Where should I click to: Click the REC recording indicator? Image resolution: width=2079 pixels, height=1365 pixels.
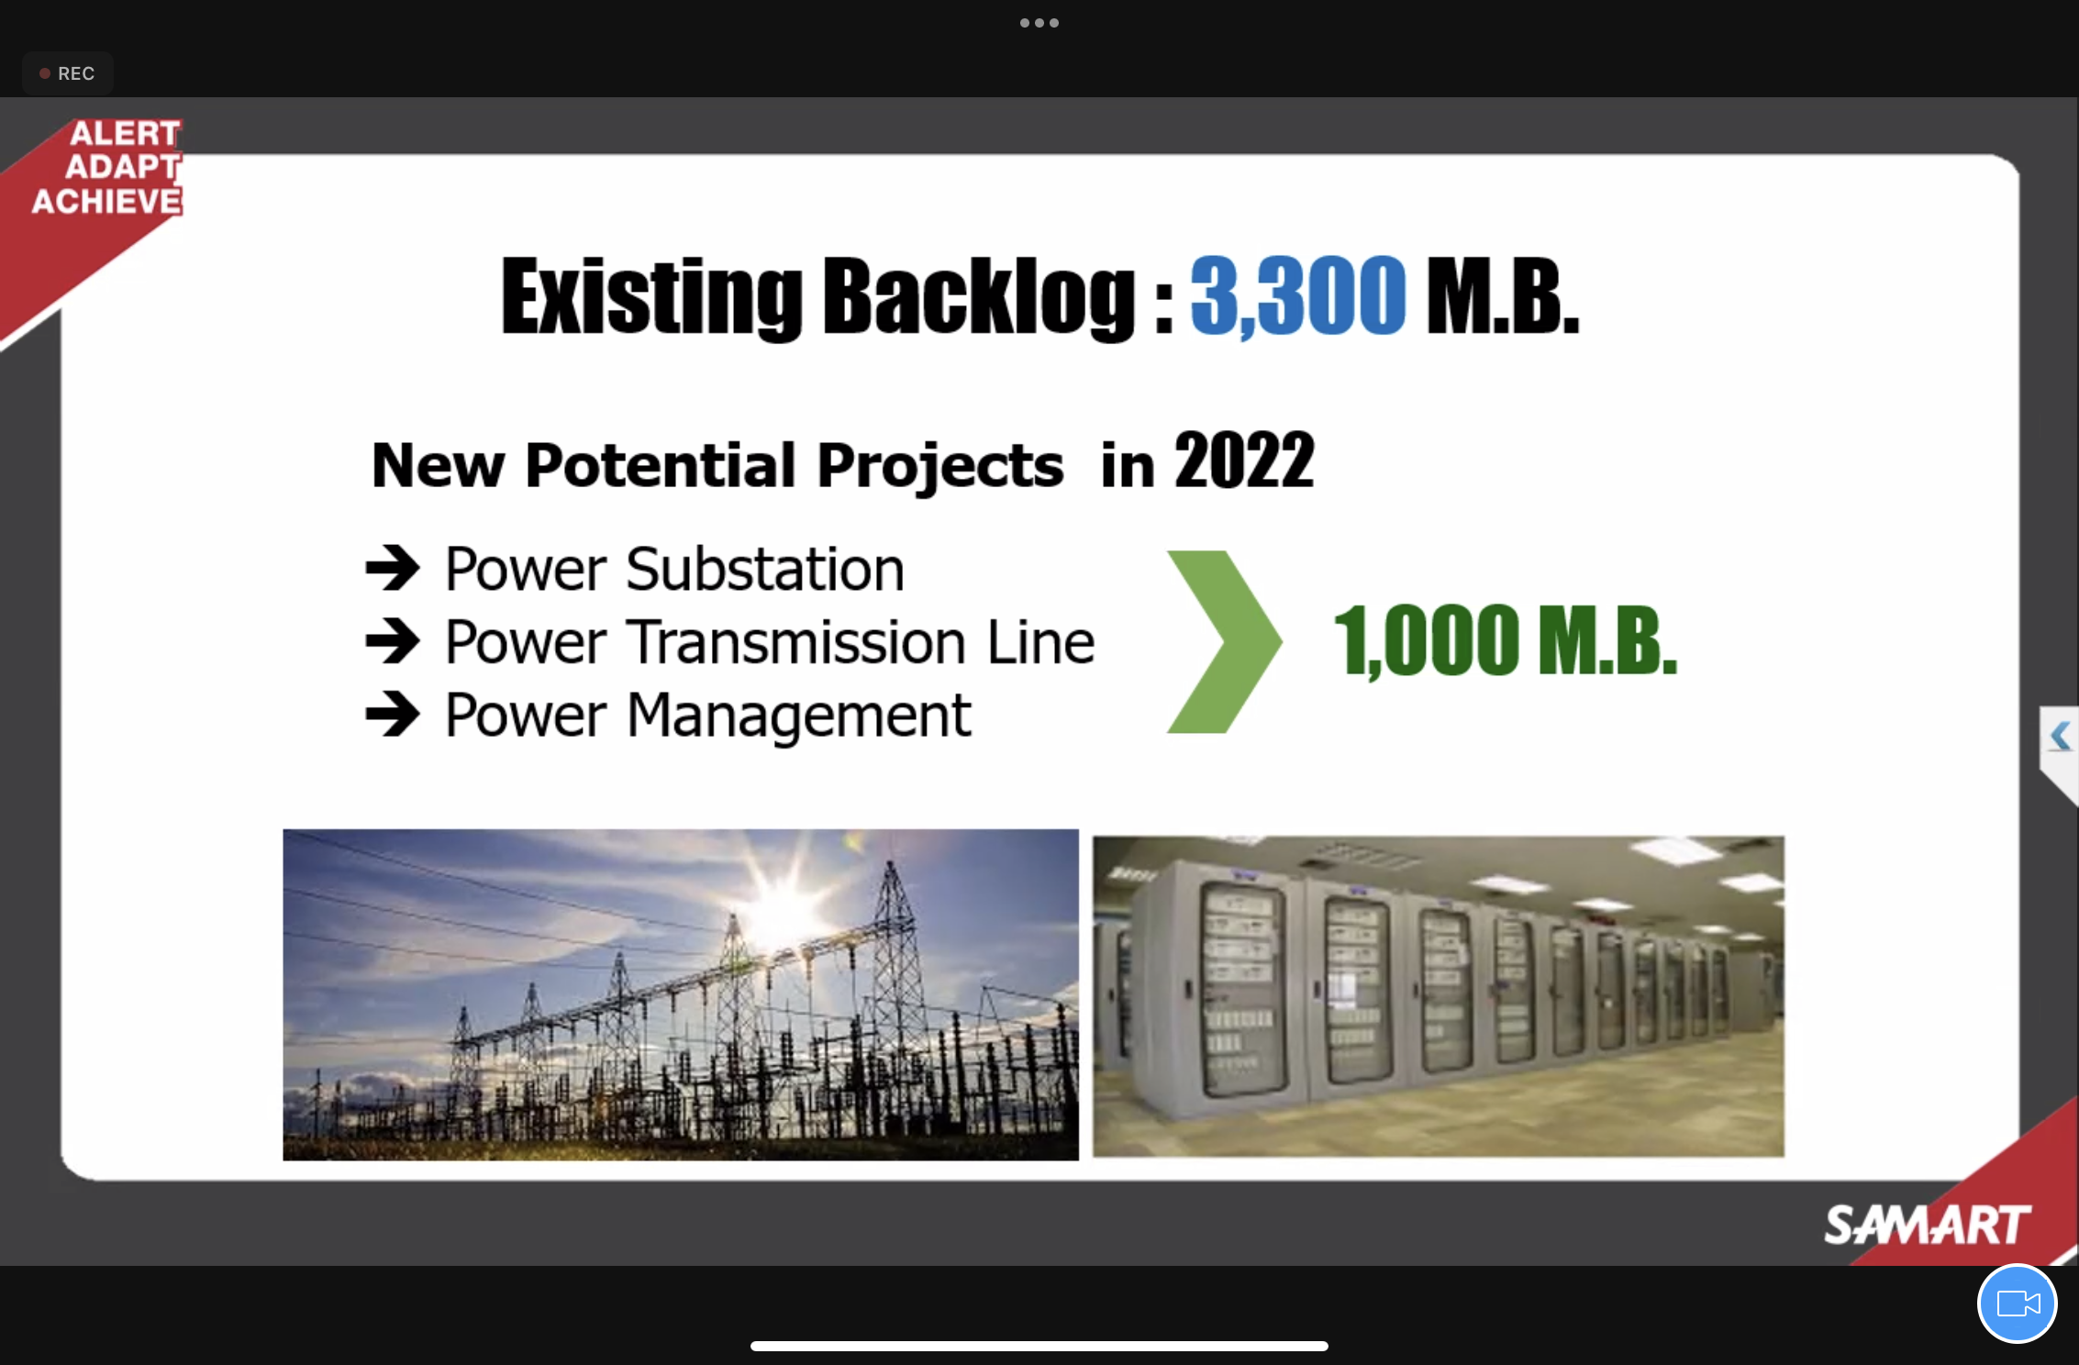point(67,73)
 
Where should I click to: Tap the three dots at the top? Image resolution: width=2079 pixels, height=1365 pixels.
point(1039,23)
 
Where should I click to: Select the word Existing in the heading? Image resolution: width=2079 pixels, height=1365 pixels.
point(651,296)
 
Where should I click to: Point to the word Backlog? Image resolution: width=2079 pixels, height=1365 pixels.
point(979,296)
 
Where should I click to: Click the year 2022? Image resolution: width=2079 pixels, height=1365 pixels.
point(1244,461)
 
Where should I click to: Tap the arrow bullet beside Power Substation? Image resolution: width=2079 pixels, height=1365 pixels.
point(393,568)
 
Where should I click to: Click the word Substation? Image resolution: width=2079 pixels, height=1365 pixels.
point(765,569)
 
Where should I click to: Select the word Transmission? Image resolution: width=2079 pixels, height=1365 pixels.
point(796,641)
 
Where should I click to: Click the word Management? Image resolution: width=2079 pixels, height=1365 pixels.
point(798,716)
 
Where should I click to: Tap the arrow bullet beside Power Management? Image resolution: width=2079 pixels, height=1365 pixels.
point(393,714)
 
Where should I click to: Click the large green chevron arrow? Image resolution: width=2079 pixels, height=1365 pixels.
point(1225,642)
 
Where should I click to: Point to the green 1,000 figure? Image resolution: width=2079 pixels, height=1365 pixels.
point(1427,642)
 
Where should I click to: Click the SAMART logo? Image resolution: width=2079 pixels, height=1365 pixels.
point(1928,1226)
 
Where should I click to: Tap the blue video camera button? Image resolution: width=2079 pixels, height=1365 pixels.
point(2017,1303)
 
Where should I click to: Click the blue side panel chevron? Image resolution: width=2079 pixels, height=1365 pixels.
point(2061,736)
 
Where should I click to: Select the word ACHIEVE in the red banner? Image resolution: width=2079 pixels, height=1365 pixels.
point(107,201)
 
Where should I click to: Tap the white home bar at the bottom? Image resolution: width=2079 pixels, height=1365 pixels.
point(1039,1346)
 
